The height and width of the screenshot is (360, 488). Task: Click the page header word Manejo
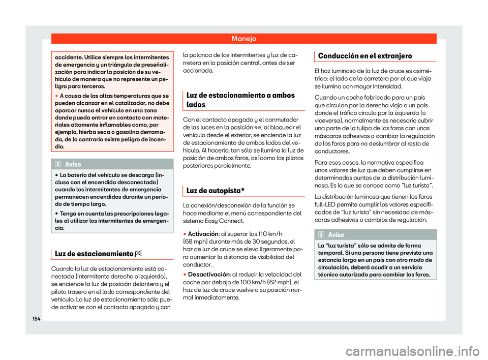[245, 38]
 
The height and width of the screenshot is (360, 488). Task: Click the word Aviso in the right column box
[337, 235]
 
